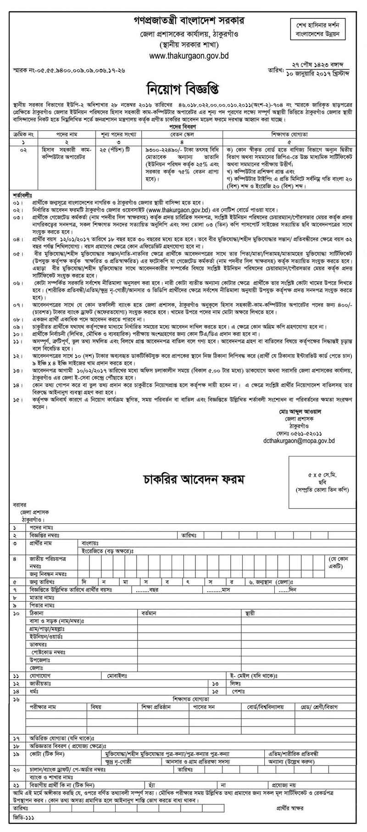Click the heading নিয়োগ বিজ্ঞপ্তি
[183, 89]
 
